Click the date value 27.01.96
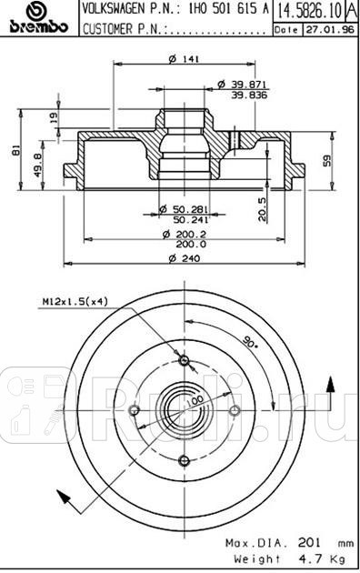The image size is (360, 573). pyautogui.click(x=323, y=30)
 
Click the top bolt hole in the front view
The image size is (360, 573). pyautogui.click(x=185, y=362)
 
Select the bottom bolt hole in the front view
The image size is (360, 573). pyautogui.click(x=185, y=460)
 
